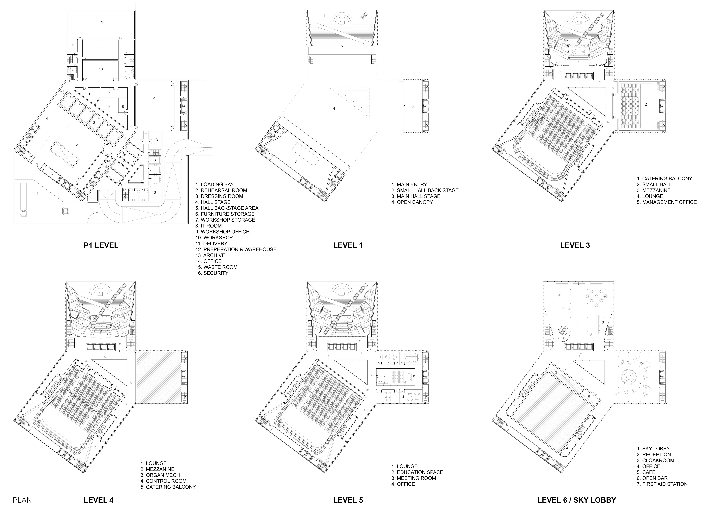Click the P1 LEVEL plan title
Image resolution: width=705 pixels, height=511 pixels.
point(101,245)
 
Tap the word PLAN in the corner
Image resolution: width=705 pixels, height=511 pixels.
point(22,500)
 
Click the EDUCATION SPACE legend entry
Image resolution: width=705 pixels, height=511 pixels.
point(417,472)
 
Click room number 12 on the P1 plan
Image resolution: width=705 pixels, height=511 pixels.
point(101,23)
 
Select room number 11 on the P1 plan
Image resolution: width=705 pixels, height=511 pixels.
point(101,48)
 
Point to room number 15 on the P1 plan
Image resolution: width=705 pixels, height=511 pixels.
point(72,45)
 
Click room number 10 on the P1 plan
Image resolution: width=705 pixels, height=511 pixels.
point(101,69)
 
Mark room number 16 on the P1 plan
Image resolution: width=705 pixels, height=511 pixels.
point(51,174)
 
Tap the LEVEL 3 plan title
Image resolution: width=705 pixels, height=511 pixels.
point(575,245)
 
